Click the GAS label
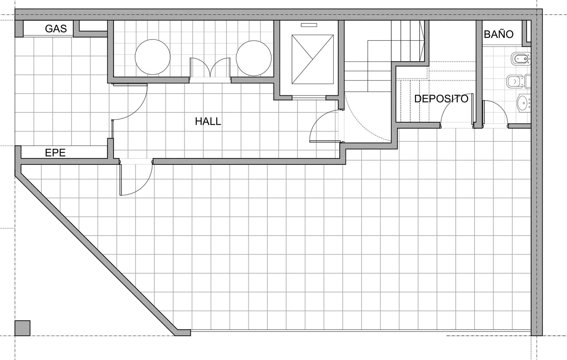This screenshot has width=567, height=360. (56, 29)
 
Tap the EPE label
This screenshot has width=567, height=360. (55, 153)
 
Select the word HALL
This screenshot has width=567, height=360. (208, 122)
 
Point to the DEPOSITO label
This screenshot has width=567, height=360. (441, 99)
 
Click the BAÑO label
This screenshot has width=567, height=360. (499, 34)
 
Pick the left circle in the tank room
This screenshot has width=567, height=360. (153, 57)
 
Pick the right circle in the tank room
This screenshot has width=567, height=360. (254, 58)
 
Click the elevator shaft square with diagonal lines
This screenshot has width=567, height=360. (313, 59)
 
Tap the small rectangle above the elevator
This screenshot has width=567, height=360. (309, 25)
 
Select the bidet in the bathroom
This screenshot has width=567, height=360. (521, 59)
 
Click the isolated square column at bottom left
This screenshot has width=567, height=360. (23, 328)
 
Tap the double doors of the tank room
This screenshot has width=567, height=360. (210, 67)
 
